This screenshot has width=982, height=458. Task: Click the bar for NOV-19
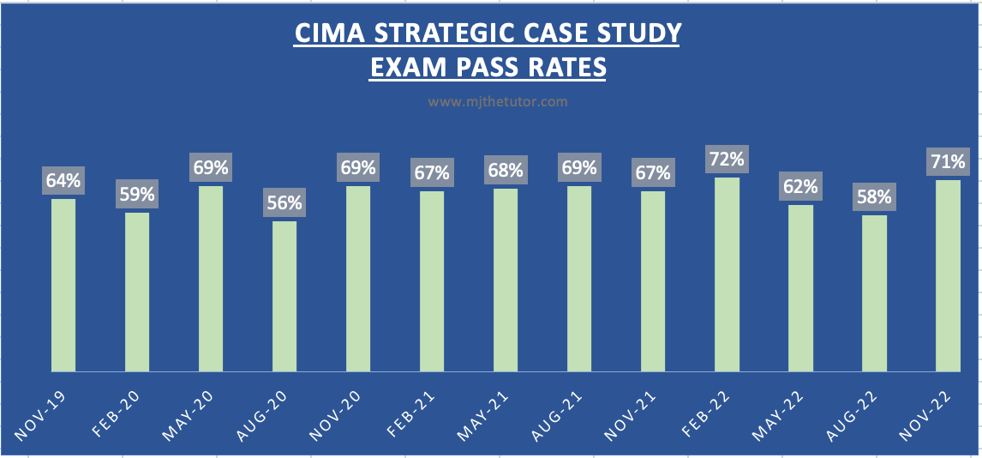pos(63,285)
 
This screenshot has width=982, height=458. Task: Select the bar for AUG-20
pos(284,296)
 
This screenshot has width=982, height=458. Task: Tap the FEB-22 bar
pos(727,274)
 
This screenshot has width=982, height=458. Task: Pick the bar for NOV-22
pos(948,275)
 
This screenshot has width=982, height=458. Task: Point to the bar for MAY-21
pos(506,280)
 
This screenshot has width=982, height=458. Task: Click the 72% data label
pos(727,159)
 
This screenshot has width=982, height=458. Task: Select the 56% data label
pos(284,203)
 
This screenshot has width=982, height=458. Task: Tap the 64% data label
pos(63,181)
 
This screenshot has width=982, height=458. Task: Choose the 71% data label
pos(948,161)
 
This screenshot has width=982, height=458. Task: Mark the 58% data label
pos(874,197)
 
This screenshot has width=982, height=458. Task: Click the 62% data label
pos(800,186)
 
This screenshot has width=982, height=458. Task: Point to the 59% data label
pos(137,195)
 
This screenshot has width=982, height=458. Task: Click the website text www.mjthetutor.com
pos(498,101)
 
